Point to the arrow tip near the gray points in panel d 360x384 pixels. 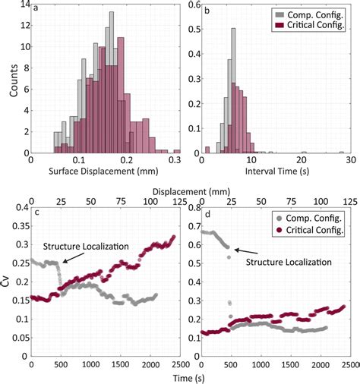point(234,248)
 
